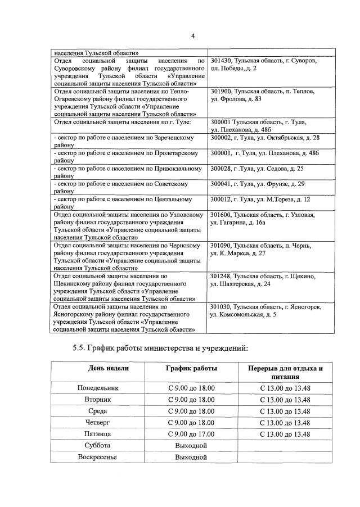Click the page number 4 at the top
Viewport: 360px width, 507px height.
(x=192, y=37)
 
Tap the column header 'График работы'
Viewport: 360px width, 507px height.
(x=191, y=368)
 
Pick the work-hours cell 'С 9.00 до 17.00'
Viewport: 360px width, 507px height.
(x=191, y=434)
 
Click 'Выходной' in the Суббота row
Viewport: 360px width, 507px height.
(x=191, y=445)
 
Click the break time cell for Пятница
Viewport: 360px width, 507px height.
(x=285, y=434)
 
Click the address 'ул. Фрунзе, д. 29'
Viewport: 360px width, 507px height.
(x=257, y=184)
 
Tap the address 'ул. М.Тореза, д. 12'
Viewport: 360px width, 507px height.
(x=259, y=199)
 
